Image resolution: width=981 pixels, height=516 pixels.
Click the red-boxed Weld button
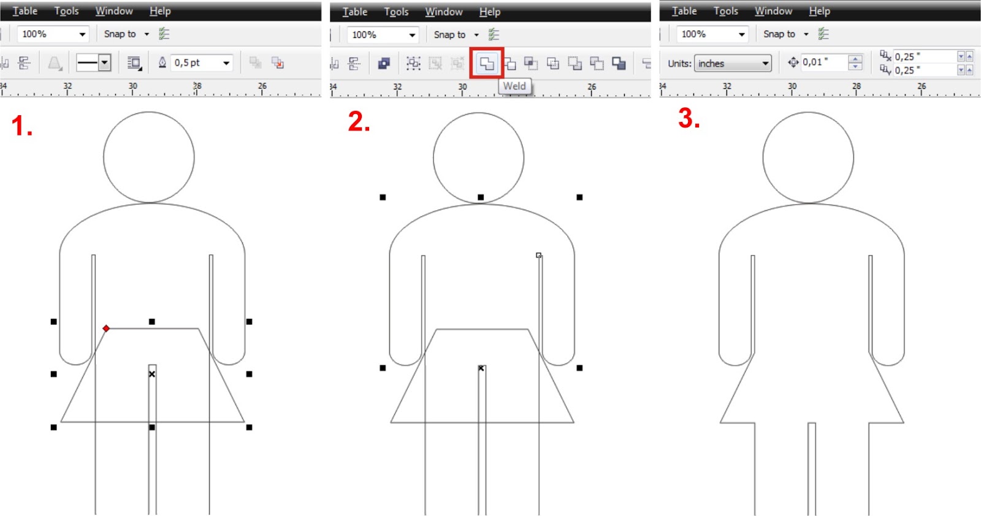click(487, 63)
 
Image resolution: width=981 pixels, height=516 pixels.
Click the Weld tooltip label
click(514, 86)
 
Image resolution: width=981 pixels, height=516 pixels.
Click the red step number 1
click(21, 126)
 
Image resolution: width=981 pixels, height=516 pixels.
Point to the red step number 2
click(359, 121)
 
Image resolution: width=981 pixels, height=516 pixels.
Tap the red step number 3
click(689, 118)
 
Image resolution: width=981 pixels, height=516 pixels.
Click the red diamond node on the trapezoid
click(106, 328)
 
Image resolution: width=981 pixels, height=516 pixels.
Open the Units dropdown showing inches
click(732, 63)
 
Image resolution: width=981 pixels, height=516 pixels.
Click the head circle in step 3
click(808, 157)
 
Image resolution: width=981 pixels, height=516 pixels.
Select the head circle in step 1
click(149, 157)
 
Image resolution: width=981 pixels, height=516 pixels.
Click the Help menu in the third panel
click(819, 11)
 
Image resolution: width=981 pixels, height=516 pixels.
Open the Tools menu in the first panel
click(66, 11)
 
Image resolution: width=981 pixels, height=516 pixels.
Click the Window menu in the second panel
click(444, 12)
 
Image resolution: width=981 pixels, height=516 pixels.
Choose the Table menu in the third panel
click(684, 11)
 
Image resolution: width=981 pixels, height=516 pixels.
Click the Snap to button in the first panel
click(120, 34)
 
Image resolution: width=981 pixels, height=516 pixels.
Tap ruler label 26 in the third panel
click(922, 86)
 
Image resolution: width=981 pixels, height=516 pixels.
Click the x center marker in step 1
click(152, 374)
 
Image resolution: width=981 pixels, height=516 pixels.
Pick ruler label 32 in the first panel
click(67, 86)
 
